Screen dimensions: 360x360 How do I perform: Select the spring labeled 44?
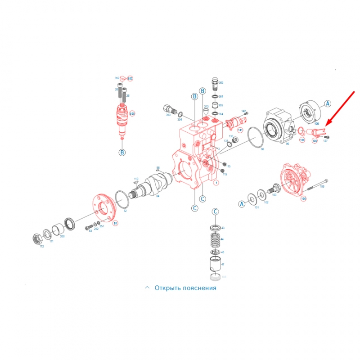tap(215, 239)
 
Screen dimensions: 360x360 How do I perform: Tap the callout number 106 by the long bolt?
tap(322, 186)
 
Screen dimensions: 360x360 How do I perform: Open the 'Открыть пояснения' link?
tap(185, 288)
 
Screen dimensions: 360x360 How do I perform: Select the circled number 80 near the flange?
tap(115, 223)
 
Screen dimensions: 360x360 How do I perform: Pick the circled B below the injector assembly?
tap(122, 153)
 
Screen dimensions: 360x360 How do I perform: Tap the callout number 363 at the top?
tap(221, 83)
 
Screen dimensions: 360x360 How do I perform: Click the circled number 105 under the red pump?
tap(303, 198)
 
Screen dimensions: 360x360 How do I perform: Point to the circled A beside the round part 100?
tap(328, 103)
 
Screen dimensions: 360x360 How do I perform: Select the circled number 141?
tap(240, 130)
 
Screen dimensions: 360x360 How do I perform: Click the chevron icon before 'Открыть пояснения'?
tap(147, 288)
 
